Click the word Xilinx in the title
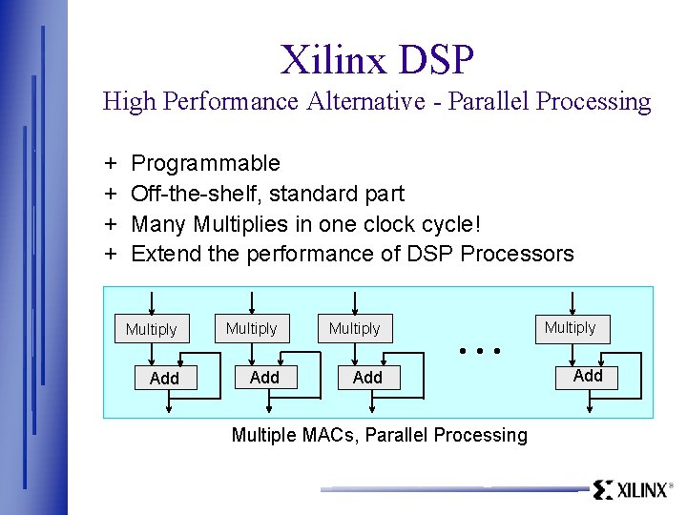click(334, 59)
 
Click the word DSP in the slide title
click(437, 59)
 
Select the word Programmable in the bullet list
click(205, 163)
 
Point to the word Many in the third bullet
click(158, 224)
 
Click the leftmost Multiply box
click(151, 329)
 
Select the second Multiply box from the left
click(251, 328)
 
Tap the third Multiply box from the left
click(354, 328)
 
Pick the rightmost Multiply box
click(570, 327)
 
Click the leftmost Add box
click(164, 379)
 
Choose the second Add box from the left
click(264, 378)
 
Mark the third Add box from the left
click(367, 378)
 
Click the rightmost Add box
click(588, 376)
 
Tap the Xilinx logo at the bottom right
click(631, 490)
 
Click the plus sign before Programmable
click(111, 163)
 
